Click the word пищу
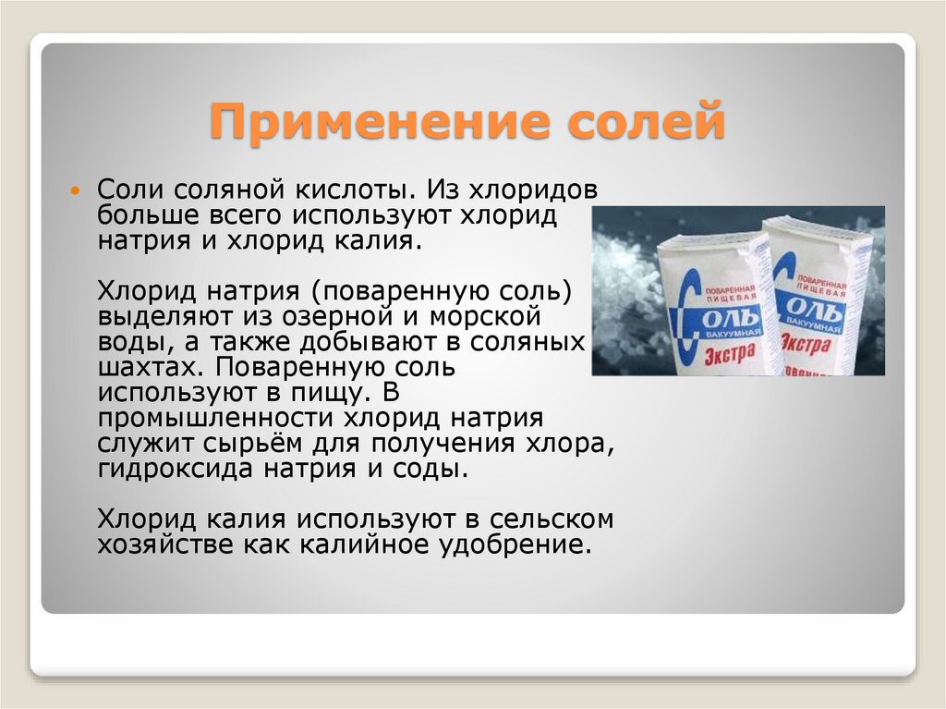[331, 392]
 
